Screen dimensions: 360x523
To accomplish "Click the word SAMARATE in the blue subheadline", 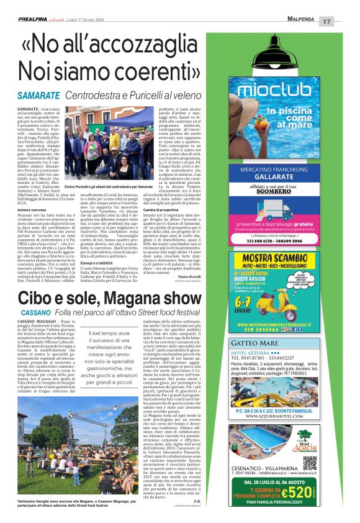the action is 38,96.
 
